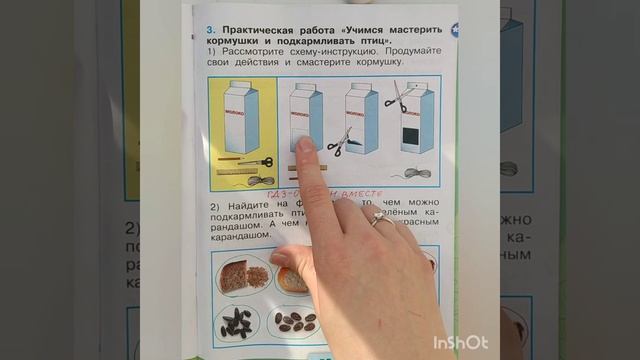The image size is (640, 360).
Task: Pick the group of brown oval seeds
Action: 296,322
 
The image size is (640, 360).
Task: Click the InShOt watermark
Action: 461,342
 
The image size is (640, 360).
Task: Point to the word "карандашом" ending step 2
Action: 240,236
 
